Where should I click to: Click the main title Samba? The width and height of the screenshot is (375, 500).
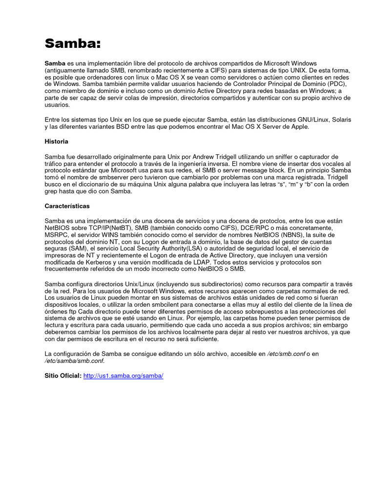coord(72,43)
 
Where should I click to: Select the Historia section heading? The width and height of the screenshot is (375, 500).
coord(56,142)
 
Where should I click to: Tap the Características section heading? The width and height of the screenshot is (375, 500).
coord(67,206)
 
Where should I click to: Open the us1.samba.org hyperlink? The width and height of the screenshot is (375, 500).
coord(123,376)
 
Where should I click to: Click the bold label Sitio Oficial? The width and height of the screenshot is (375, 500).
coord(63,376)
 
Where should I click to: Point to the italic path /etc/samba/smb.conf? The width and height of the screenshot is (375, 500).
coord(74,361)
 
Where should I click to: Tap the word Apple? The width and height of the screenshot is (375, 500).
coord(299,126)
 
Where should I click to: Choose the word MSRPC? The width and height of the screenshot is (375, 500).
coord(56,235)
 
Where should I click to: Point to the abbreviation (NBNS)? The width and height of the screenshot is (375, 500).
coord(289,235)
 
